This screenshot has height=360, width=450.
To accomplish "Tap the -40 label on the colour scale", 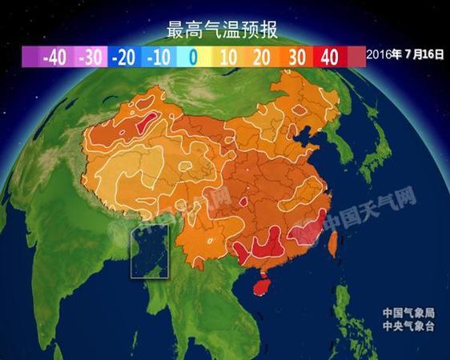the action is pos(53,57).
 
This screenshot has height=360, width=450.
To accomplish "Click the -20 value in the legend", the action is pos(123,57).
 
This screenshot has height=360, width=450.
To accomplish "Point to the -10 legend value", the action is pos(159,57).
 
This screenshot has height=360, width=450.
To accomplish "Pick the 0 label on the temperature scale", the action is pos(193,57).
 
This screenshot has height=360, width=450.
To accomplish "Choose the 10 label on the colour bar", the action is pos(227,57).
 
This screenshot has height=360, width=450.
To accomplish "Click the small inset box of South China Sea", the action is pos(150,251).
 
